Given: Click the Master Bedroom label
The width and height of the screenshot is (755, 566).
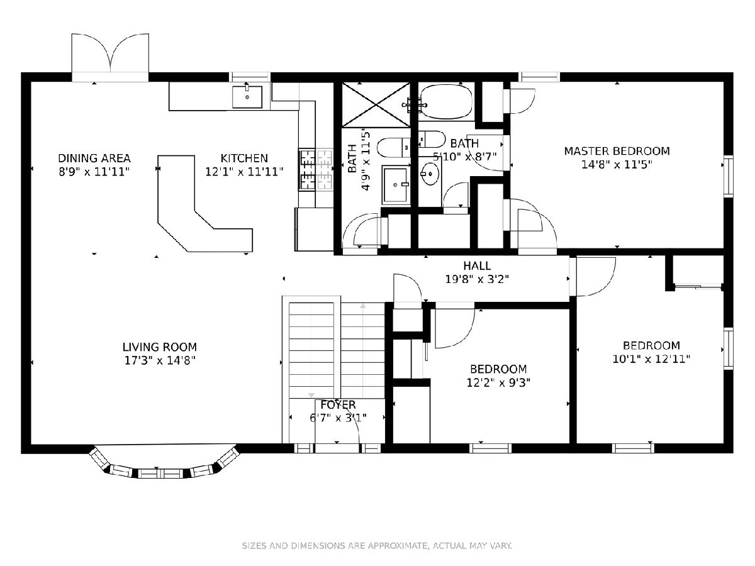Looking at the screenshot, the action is point(617,151).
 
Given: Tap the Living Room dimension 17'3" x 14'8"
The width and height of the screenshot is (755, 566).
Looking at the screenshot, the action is point(160,360).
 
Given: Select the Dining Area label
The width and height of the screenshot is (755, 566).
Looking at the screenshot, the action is point(94,158).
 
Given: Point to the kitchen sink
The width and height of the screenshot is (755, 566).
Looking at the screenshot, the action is point(247,97).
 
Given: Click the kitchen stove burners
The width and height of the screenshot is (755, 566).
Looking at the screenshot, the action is point(316,169).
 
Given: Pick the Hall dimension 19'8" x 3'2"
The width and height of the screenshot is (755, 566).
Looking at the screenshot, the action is point(477,279).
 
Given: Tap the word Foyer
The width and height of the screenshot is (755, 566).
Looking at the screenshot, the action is point(338,404).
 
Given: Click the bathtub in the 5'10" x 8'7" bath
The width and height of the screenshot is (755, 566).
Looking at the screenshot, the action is point(447,102).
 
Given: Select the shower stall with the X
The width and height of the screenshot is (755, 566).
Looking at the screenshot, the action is point(376,104).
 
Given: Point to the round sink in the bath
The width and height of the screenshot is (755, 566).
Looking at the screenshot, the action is point(430,174).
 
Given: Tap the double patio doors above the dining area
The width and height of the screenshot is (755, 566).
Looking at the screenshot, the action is point(110,57).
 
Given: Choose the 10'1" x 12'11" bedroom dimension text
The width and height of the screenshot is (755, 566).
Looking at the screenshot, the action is point(651,359).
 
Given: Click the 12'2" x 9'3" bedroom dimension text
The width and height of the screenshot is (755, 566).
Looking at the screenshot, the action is point(498,382).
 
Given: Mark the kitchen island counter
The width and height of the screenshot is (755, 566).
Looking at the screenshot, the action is point(205,204).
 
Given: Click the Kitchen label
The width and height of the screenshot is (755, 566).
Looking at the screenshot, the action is point(244,158).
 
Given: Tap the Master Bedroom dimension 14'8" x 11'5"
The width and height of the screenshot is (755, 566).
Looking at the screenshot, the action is point(617,165).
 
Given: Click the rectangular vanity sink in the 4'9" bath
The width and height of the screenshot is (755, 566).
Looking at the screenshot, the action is point(396,184).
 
